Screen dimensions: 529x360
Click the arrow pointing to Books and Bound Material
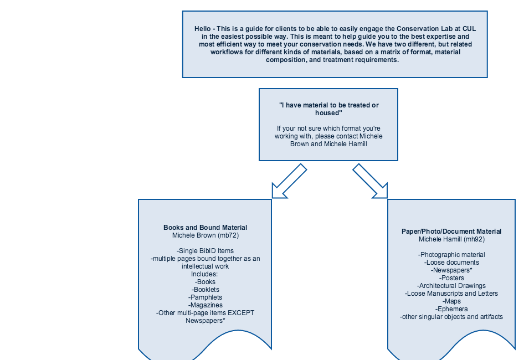(289, 182)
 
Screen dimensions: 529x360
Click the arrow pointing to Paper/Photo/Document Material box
(371, 182)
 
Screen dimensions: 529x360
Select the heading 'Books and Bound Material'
(205, 228)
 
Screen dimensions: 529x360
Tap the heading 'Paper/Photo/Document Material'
(451, 232)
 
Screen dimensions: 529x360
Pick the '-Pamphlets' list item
(205, 297)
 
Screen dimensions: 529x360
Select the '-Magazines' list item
(205, 305)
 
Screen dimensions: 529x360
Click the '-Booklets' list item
(205, 290)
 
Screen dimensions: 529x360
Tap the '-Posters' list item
(451, 278)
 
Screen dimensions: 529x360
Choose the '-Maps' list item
(451, 301)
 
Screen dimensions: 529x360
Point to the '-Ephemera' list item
(451, 309)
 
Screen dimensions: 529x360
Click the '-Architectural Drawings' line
(451, 286)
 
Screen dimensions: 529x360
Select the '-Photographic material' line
(451, 255)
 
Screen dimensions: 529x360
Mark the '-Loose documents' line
(451, 263)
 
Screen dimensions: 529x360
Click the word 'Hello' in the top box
(202, 29)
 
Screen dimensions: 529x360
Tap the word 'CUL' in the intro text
(469, 29)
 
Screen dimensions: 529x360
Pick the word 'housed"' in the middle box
(328, 113)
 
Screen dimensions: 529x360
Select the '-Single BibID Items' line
(205, 251)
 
